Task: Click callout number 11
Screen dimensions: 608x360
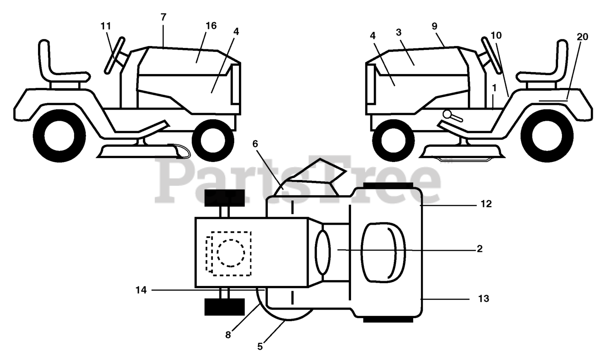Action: [x=105, y=26]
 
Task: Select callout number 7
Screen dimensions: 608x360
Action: [x=163, y=17]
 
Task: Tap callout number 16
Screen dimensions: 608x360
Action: [x=211, y=26]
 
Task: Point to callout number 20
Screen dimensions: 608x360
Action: [x=582, y=37]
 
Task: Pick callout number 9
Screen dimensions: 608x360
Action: [x=435, y=26]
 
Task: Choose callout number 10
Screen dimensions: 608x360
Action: [x=496, y=35]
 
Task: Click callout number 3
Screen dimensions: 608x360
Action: [x=399, y=32]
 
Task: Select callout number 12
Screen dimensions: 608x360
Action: [x=486, y=204]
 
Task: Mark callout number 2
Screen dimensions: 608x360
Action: [x=479, y=248]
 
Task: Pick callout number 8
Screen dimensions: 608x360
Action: [x=228, y=334]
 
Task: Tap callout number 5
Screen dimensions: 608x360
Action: [x=260, y=346]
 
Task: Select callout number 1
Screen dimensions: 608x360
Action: [x=494, y=88]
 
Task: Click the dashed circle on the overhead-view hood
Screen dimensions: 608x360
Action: [x=231, y=252]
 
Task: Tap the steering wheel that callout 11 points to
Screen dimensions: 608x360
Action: [x=114, y=55]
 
